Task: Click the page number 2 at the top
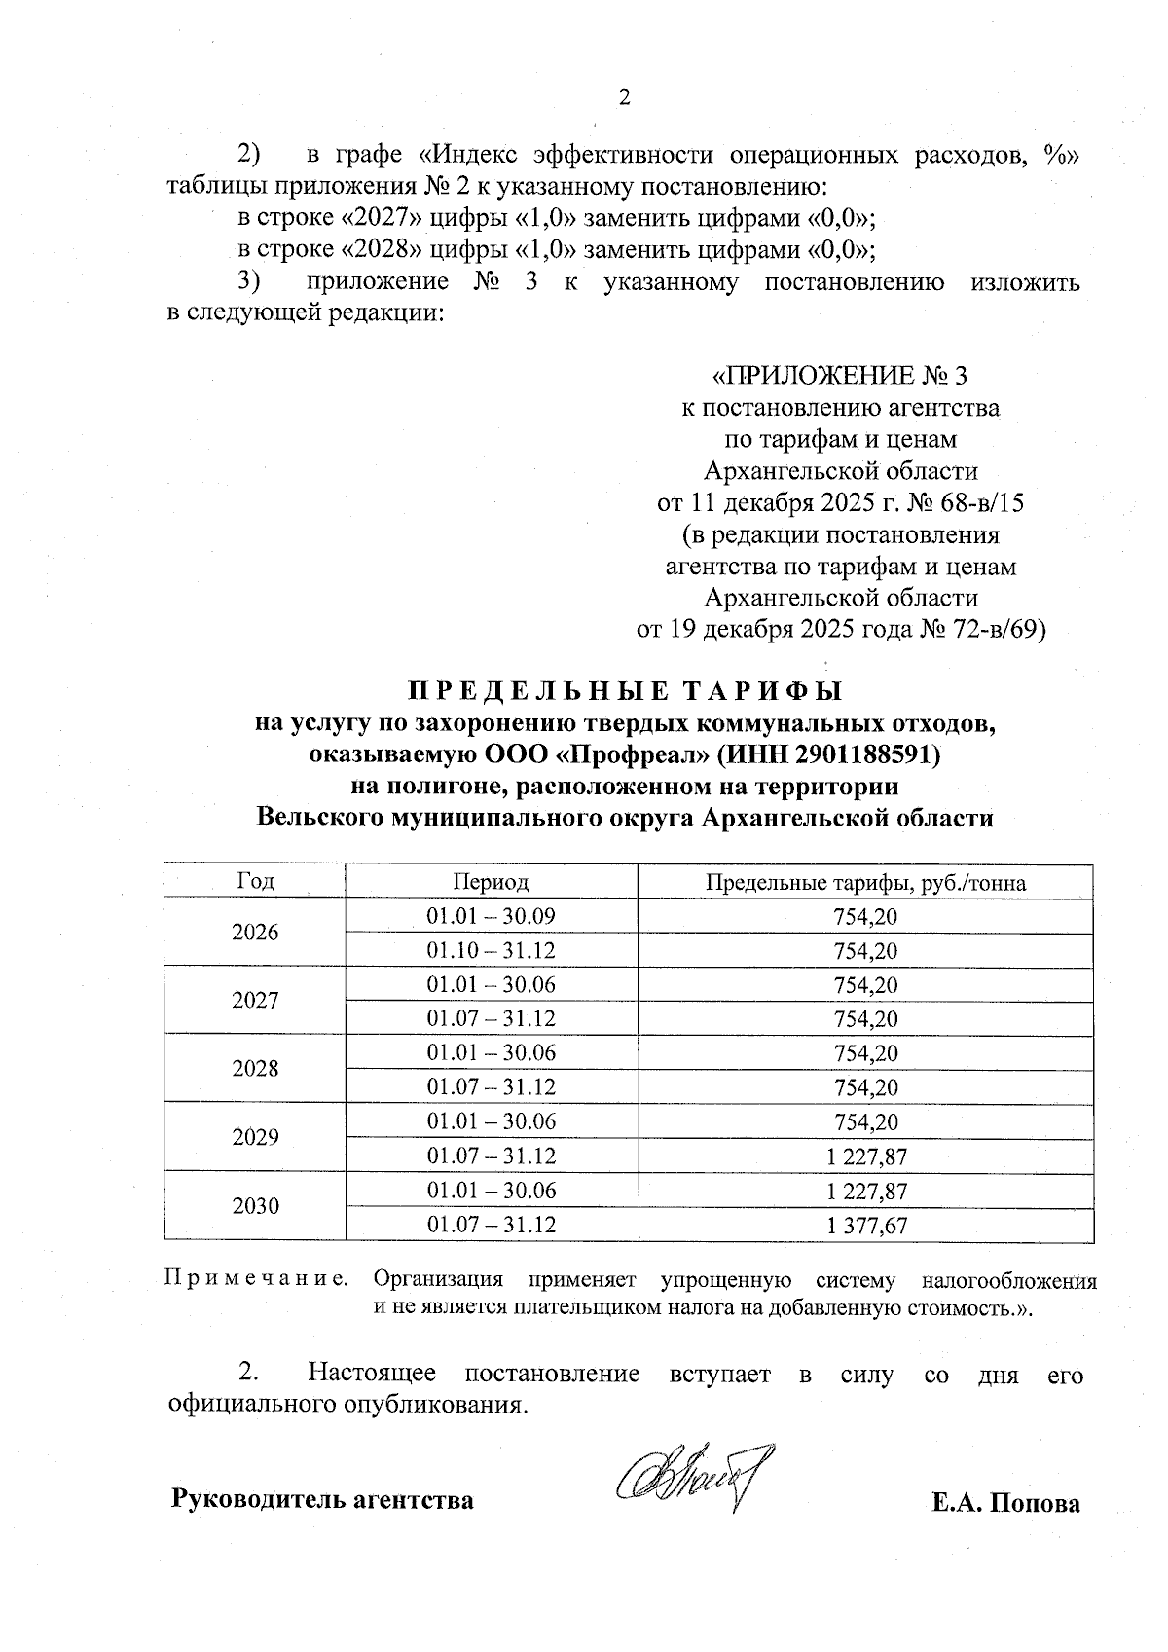pos(625,97)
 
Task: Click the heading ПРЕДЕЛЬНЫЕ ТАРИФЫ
pos(624,692)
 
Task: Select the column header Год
pos(255,882)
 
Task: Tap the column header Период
pos(491,882)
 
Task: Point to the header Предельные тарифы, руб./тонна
pos(865,883)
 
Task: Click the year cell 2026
pos(255,933)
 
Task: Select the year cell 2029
pos(255,1138)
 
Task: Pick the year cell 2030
pos(255,1206)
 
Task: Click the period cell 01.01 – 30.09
pos(491,916)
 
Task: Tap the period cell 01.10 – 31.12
pos(491,950)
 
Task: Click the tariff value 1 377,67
pos(865,1226)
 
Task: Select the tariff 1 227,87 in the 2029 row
pos(865,1156)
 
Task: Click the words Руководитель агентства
pos(322,1500)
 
